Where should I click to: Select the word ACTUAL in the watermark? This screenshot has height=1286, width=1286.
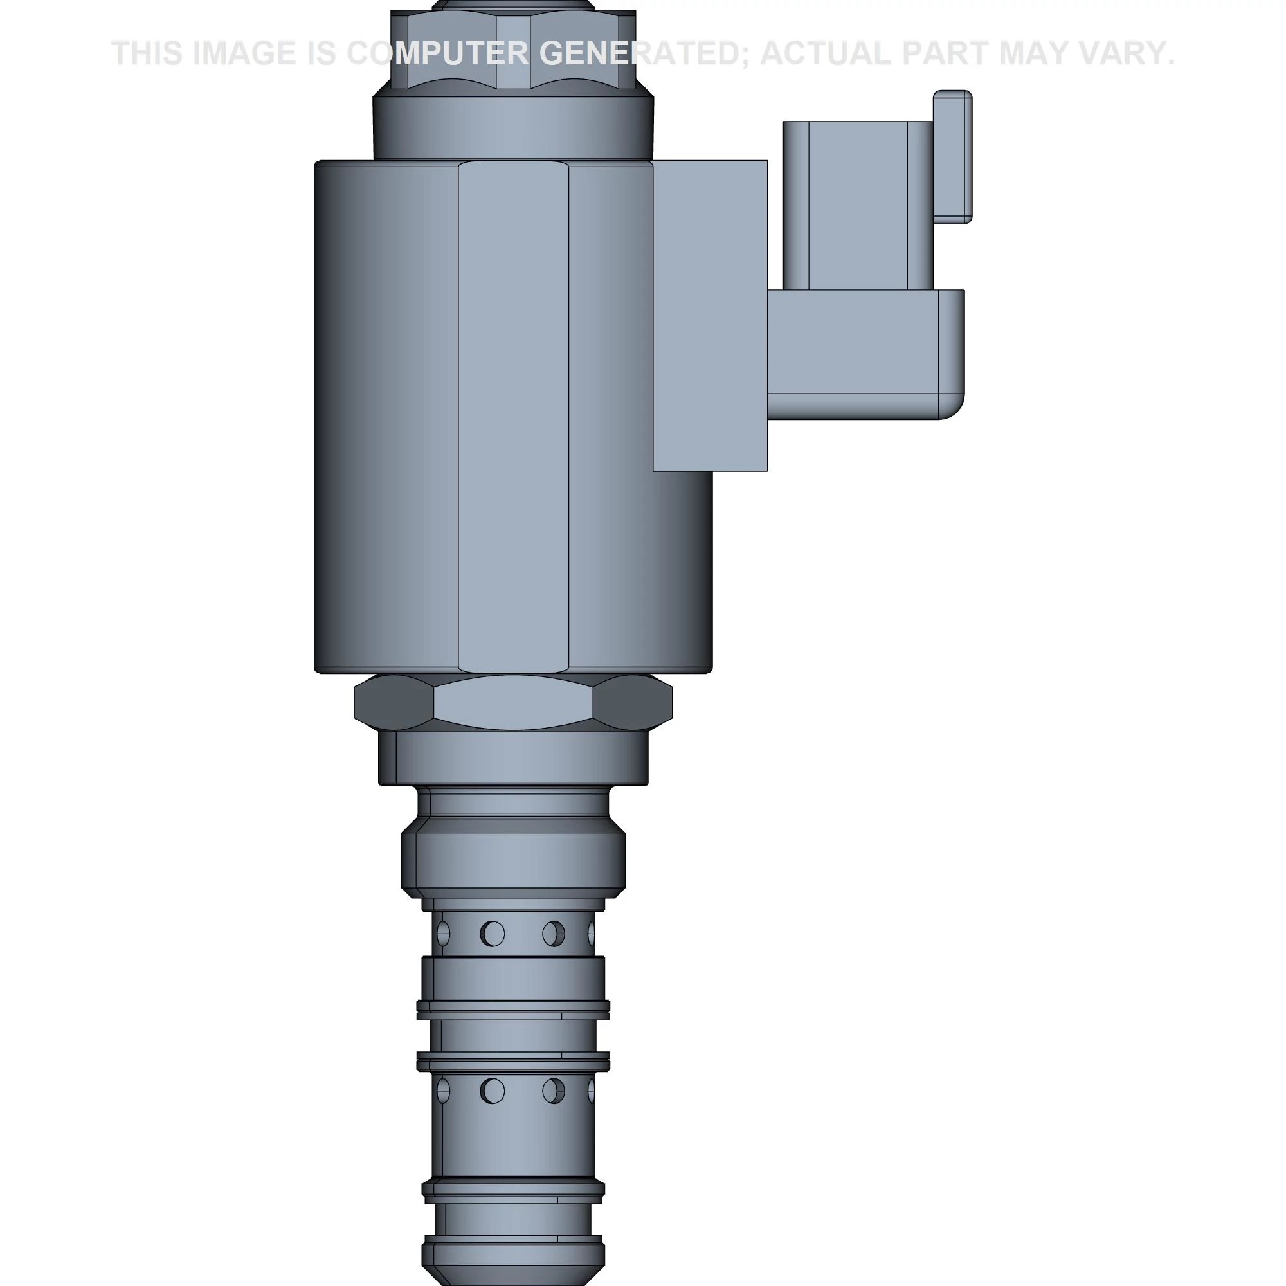tap(826, 53)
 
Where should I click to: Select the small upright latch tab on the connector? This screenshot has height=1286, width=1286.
tap(952, 156)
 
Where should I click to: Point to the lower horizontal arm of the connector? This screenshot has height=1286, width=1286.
tap(865, 353)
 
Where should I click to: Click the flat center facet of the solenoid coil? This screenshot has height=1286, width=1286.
tap(513, 416)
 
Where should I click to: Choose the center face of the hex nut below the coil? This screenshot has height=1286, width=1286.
tap(512, 702)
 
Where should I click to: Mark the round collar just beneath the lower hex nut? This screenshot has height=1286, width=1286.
tap(513, 759)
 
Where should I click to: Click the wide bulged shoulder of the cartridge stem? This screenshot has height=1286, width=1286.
tap(513, 862)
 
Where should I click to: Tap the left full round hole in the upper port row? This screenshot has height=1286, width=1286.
tap(493, 934)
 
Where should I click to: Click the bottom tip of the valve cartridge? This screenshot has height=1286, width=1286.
tap(513, 1265)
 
